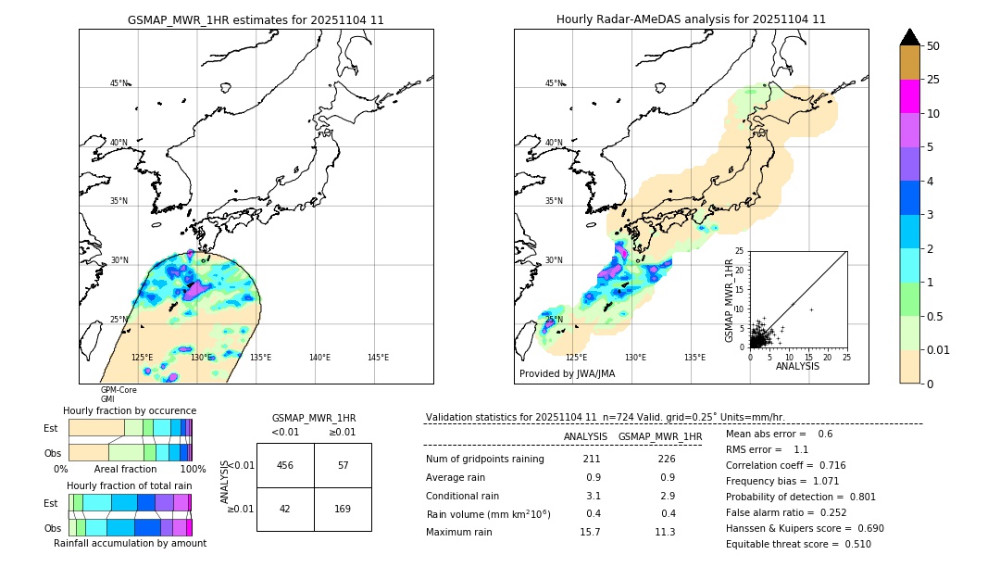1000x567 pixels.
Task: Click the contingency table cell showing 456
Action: point(285,465)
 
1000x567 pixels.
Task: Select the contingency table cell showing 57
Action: point(343,465)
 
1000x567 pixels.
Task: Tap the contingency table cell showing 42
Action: point(285,509)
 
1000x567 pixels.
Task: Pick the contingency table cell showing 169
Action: point(343,509)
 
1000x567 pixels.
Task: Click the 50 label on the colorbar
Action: point(933,46)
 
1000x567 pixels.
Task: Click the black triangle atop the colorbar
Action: point(910,37)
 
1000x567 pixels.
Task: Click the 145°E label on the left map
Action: point(378,358)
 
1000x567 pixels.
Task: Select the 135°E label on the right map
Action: point(694,358)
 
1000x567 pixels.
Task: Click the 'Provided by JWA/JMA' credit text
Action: point(567,374)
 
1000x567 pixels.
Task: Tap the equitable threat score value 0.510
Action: point(852,544)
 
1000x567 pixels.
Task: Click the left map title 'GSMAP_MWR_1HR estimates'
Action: point(256,19)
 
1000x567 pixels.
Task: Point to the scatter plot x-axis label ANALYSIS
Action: point(797,367)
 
